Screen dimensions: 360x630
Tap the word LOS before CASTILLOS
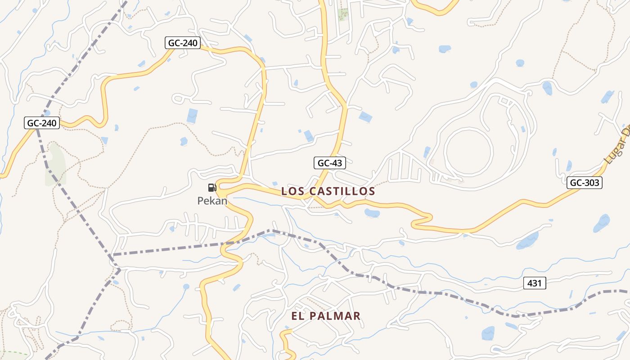point(290,191)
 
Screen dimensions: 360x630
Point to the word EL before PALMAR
point(297,316)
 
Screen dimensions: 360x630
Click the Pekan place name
point(212,201)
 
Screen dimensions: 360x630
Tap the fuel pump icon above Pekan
point(212,188)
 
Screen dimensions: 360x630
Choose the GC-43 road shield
point(329,163)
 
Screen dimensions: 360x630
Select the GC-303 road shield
point(584,182)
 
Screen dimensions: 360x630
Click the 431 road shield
point(535,283)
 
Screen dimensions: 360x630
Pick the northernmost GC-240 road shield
point(182,43)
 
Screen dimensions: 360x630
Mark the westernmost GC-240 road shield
point(42,123)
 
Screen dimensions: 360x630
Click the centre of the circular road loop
point(468,151)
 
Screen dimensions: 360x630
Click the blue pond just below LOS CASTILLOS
point(372,213)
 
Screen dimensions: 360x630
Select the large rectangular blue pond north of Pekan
point(192,116)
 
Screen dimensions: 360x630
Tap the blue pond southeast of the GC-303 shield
point(602,223)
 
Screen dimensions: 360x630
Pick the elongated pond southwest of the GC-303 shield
point(527,241)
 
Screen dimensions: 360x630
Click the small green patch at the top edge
point(343,15)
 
